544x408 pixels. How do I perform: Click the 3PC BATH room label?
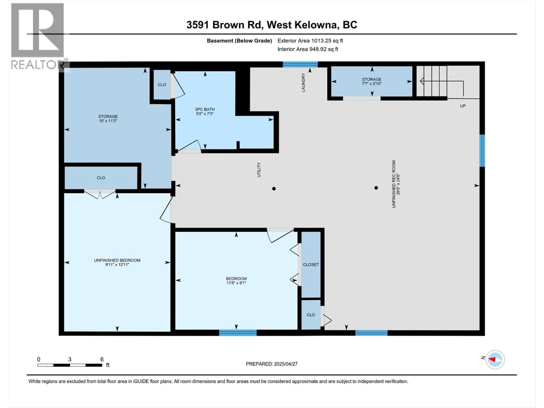[205, 109]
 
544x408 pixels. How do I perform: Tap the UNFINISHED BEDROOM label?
[117, 260]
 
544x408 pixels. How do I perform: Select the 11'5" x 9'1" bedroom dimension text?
[236, 283]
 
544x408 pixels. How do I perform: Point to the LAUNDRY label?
[303, 82]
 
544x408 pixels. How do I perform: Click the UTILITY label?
[259, 170]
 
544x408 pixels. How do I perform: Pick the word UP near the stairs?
[463, 106]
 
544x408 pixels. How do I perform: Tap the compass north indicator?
[495, 359]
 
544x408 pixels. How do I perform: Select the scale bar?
[70, 365]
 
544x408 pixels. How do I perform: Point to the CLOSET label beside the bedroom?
[311, 265]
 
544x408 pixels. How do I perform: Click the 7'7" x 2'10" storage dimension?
[372, 84]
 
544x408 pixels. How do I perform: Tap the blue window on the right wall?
[482, 151]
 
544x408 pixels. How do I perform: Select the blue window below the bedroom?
[238, 333]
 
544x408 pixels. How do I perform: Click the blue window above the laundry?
[300, 64]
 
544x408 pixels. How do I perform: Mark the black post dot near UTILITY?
[274, 189]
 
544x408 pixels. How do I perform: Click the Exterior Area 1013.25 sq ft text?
[310, 41]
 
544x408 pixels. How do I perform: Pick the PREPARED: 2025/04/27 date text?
[272, 364]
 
